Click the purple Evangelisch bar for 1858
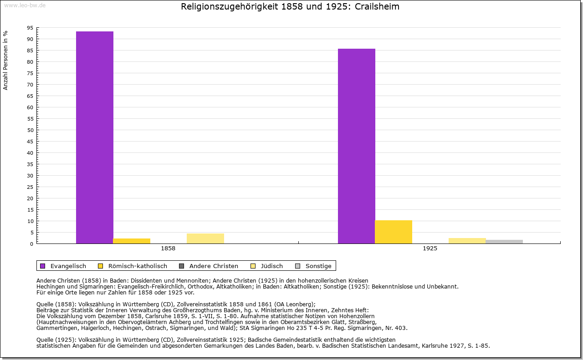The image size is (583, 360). pyautogui.click(x=95, y=137)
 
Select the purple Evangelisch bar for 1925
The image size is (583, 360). pyautogui.click(x=357, y=146)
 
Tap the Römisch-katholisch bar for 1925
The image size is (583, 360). pyautogui.click(x=394, y=232)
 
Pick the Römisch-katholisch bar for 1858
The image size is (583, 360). pyautogui.click(x=132, y=241)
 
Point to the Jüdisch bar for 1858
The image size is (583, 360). pyautogui.click(x=205, y=238)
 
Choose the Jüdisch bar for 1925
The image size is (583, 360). pyautogui.click(x=467, y=241)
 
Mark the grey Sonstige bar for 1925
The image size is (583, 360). pyautogui.click(x=504, y=242)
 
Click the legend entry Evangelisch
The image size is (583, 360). pyautogui.click(x=68, y=266)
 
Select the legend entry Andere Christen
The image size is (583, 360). pyautogui.click(x=213, y=266)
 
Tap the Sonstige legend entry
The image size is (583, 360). pyautogui.click(x=318, y=266)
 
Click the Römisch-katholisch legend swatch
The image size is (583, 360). pyautogui.click(x=101, y=266)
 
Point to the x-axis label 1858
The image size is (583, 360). pyautogui.click(x=168, y=249)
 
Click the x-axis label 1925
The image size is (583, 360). pyautogui.click(x=430, y=249)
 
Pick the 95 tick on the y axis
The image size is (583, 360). pyautogui.click(x=30, y=28)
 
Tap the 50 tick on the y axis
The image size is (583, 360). pyautogui.click(x=30, y=130)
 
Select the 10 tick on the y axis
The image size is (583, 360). pyautogui.click(x=30, y=221)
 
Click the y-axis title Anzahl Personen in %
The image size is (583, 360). pyautogui.click(x=5, y=60)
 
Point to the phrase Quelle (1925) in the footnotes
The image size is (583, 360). pyautogui.click(x=56, y=340)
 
